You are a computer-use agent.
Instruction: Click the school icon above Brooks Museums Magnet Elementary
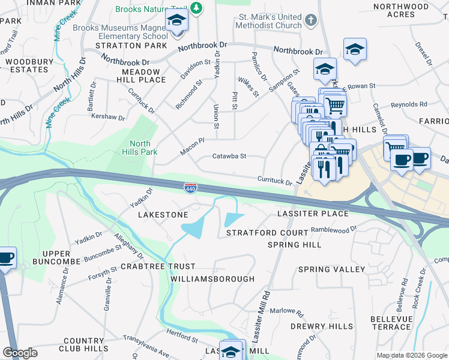pos(177,23)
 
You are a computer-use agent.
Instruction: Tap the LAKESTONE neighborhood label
pos(163,214)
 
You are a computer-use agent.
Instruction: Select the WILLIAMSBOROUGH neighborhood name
pos(212,279)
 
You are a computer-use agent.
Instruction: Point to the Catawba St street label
pos(229,157)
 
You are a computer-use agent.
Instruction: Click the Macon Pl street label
pos(193,146)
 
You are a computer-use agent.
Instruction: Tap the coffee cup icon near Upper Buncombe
pos(6,259)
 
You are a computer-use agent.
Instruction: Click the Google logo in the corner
pos(20,353)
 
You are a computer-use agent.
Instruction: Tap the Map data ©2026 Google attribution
pos(412,355)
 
